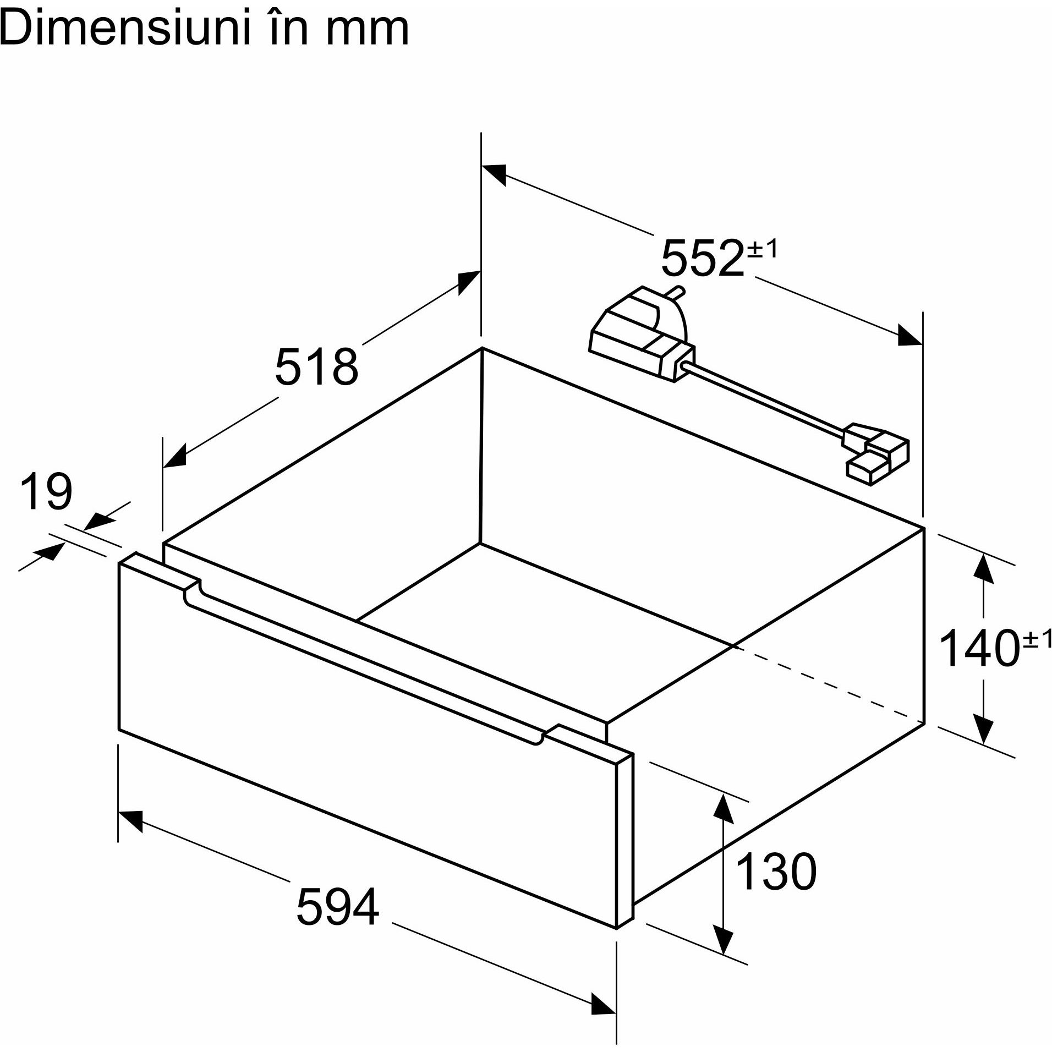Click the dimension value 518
(x=316, y=366)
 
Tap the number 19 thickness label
(x=46, y=491)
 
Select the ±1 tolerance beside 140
(x=1037, y=639)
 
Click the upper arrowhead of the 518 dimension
(x=468, y=282)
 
